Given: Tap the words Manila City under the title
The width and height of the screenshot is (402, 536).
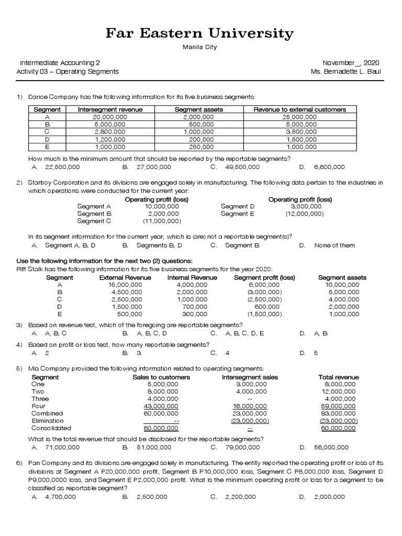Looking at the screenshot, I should pos(199,47).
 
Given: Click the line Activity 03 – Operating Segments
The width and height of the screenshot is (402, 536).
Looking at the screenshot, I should pos(68,71).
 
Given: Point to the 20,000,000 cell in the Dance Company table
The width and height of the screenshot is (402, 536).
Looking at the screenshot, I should pos(110,117).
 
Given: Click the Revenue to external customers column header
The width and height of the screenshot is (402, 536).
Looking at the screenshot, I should pos(299,109).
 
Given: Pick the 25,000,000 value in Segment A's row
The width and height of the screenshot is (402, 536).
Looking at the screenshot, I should pos(299,117).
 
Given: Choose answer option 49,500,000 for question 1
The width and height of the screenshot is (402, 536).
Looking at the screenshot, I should pos(242,167).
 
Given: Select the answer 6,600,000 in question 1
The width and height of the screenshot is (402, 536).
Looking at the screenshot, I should pos(329,167).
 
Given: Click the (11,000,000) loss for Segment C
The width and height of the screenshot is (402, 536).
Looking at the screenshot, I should pos(162,221).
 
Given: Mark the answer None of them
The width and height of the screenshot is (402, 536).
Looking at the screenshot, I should pos(334,245).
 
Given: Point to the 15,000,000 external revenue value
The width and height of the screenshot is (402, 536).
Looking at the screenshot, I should pos(125,285).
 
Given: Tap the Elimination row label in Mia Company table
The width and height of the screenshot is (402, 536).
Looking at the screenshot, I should pos(48,420).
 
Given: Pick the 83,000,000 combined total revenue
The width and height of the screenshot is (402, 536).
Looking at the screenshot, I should pos(338,413).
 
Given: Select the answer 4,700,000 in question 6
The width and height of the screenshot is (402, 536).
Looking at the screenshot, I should pos(60,497).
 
